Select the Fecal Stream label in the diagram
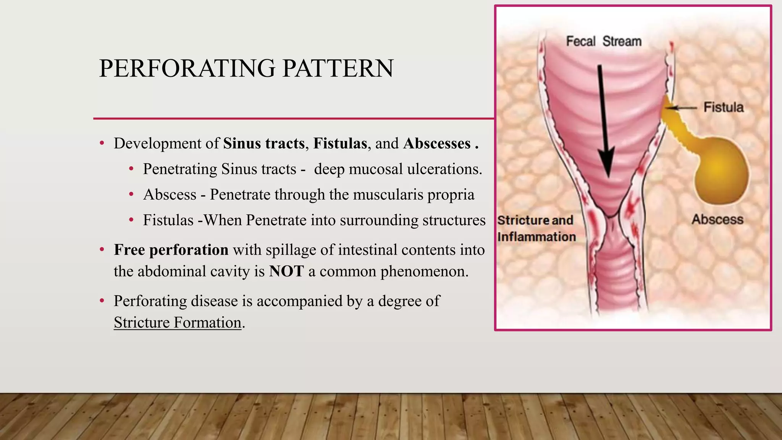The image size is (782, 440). coord(603,41)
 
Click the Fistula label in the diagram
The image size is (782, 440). coord(723,107)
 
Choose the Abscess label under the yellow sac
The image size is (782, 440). coord(717,220)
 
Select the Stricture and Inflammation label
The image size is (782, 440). coord(536,228)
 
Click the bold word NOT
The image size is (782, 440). coord(286,272)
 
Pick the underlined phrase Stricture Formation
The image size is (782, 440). coord(178,323)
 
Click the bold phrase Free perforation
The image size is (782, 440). coord(171,250)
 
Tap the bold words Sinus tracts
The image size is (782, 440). coord(264,144)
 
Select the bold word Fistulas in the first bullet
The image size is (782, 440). coord(340,144)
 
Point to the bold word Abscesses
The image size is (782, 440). coord(437,144)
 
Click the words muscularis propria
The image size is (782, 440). coord(414,195)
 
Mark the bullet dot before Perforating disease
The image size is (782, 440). coord(102,301)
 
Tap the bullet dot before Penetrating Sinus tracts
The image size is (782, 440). coord(131,169)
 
